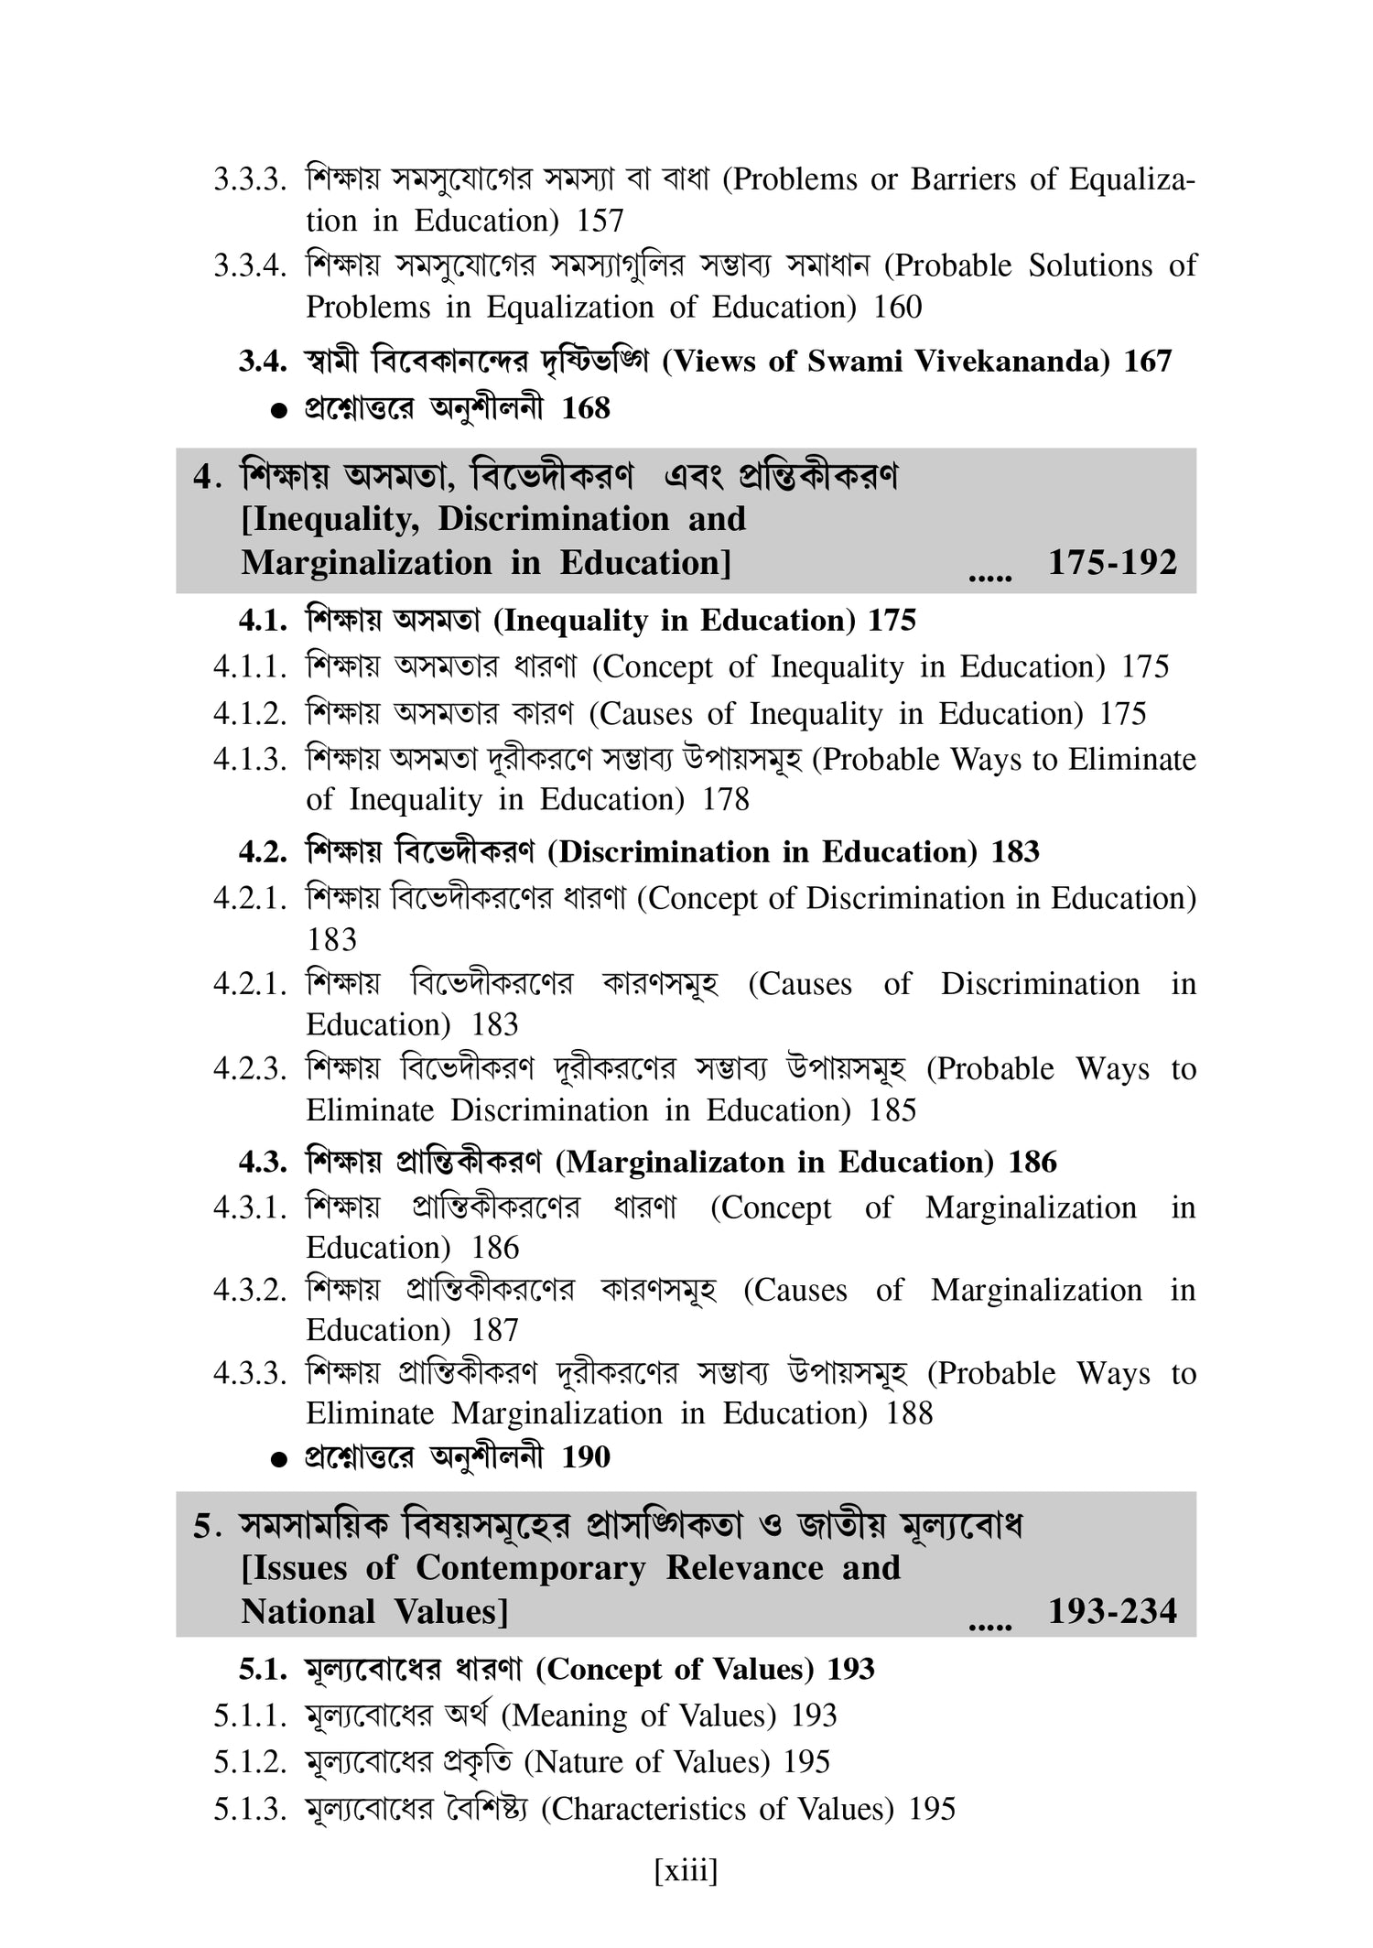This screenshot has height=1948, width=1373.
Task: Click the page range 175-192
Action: (1112, 562)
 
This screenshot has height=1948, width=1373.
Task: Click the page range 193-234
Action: (1112, 1611)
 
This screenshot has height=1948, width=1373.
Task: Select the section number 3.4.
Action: (264, 362)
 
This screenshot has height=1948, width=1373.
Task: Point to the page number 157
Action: (600, 221)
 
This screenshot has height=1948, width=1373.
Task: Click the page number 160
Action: (897, 307)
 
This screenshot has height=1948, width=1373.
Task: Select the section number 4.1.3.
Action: (250, 760)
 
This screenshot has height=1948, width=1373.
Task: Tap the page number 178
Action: (725, 800)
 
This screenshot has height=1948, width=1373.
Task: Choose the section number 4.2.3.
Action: (250, 1069)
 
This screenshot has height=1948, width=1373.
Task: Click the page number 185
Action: (892, 1110)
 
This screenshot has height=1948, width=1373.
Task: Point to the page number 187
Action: (495, 1330)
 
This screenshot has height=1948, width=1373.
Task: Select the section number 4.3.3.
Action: (250, 1374)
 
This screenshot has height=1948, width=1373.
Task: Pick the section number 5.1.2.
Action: (250, 1762)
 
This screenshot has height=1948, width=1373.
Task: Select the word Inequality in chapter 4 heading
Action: (335, 519)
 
